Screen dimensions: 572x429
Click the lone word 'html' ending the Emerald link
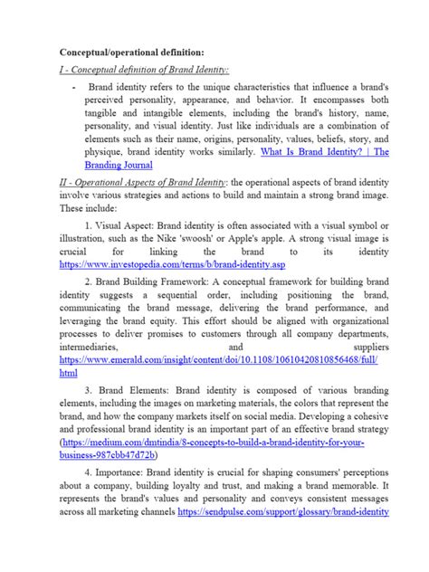(x=67, y=372)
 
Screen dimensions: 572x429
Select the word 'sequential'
(x=177, y=299)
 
